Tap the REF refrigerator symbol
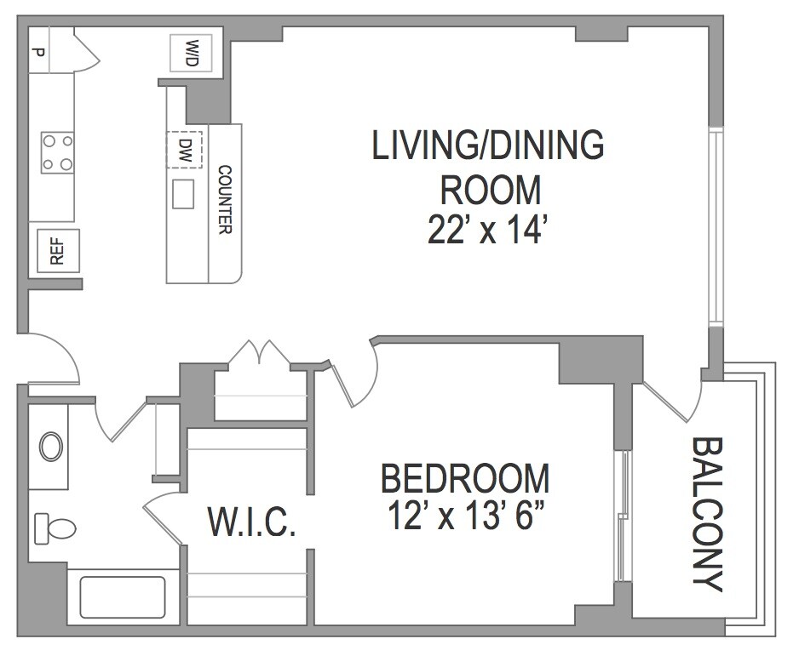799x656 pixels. [58, 251]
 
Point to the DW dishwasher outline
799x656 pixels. [184, 150]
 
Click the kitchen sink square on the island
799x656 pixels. [183, 194]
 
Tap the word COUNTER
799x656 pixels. [225, 199]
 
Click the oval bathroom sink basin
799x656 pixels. [51, 447]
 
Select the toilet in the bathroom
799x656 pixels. [55, 528]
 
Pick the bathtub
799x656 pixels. [123, 597]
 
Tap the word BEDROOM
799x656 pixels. [465, 478]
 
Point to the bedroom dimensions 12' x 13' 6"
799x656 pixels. [465, 515]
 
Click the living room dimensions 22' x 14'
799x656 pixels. [489, 230]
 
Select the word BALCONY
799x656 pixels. [707, 515]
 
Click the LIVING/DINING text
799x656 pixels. [488, 145]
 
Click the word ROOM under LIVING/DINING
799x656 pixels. [490, 191]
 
